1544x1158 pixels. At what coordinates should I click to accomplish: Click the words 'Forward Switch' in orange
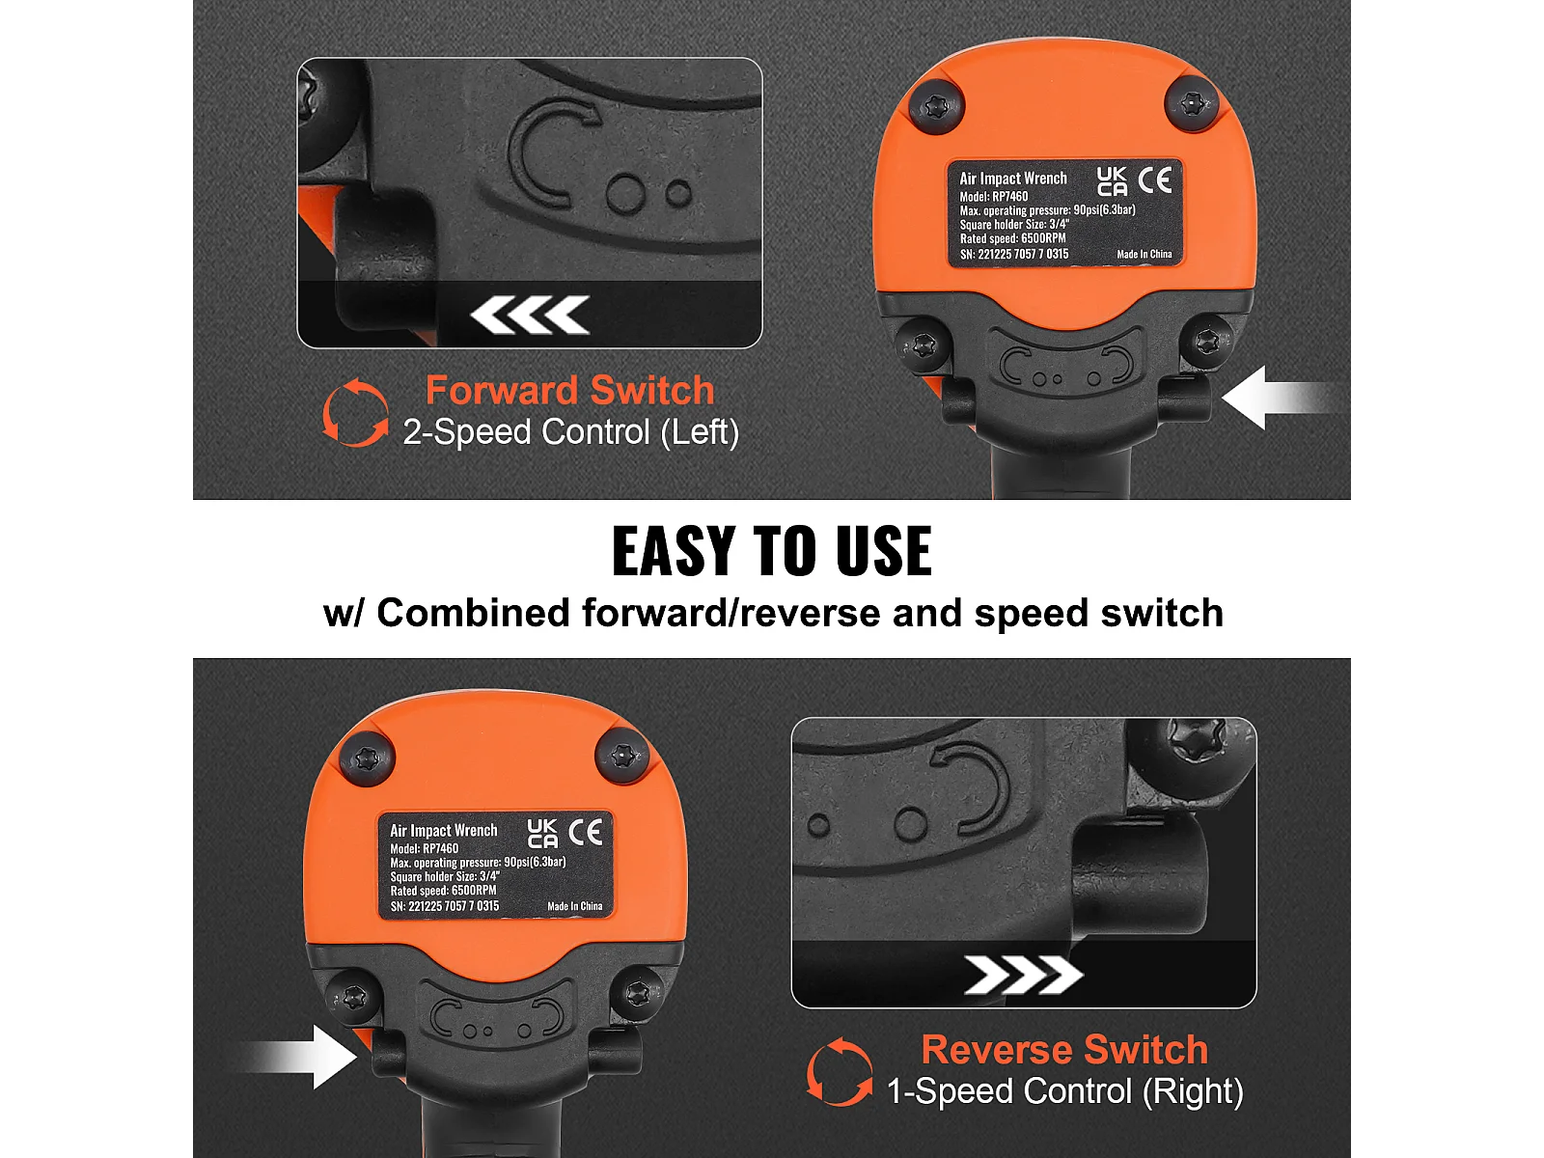point(569,390)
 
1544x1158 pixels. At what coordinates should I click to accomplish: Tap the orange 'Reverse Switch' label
point(1065,1050)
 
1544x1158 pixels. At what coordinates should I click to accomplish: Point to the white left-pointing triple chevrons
point(530,315)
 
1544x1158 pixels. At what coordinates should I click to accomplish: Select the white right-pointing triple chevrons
point(1024,975)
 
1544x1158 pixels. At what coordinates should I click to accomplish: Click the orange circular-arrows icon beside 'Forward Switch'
point(355,412)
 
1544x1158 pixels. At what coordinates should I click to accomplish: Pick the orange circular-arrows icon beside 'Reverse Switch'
point(840,1071)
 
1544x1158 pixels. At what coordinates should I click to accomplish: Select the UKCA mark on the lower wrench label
point(542,833)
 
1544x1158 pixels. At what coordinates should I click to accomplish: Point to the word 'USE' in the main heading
point(884,551)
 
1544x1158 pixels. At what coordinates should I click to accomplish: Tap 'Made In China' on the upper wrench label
point(1144,255)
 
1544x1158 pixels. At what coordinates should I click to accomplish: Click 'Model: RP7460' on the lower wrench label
point(425,848)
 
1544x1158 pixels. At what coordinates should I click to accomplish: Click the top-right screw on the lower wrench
point(621,757)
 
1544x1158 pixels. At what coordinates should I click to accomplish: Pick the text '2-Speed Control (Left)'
point(570,431)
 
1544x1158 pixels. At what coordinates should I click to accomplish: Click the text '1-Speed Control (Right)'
point(1065,1091)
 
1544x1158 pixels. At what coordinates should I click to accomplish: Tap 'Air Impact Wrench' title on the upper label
point(1013,179)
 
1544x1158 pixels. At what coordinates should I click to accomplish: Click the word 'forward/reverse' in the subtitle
point(731,613)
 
